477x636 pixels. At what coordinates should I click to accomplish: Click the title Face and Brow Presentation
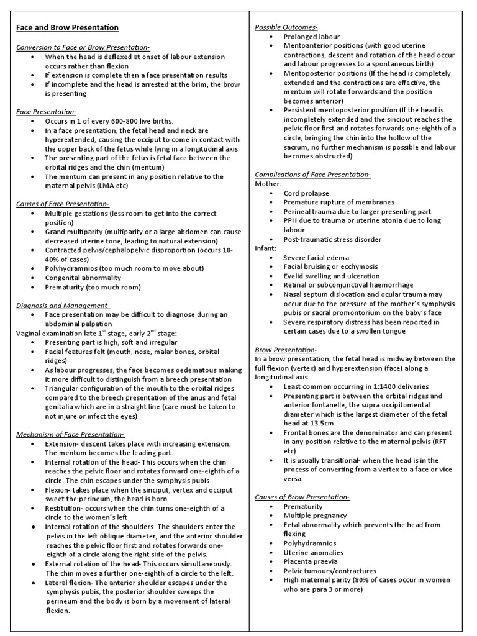click(67, 28)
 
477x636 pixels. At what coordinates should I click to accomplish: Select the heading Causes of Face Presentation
click(62, 204)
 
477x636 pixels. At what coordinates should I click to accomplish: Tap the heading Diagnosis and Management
click(63, 305)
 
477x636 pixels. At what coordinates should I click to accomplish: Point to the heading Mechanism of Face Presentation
click(70, 434)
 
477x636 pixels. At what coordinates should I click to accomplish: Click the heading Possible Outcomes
click(286, 27)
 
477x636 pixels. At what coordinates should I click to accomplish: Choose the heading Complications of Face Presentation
click(313, 175)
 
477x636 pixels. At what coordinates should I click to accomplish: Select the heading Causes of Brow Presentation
click(302, 497)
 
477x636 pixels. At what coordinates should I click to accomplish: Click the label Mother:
click(268, 184)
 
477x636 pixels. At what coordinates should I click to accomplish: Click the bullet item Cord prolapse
click(306, 193)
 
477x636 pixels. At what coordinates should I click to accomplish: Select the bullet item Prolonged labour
click(312, 37)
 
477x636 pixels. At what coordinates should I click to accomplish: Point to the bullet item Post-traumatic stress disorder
click(332, 239)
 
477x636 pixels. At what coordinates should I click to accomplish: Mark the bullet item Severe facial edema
click(316, 257)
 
